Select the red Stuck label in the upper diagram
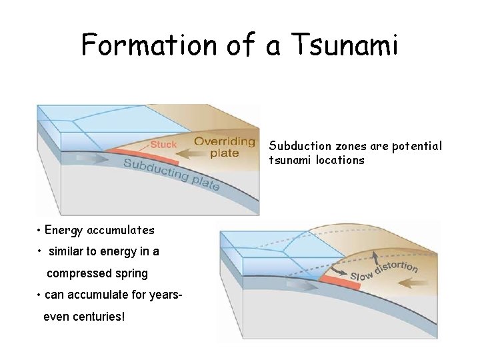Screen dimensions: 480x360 [x=163, y=145]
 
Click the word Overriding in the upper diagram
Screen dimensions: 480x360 [x=225, y=141]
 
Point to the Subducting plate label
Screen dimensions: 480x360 [x=171, y=175]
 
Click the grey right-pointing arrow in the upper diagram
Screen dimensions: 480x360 [x=89, y=159]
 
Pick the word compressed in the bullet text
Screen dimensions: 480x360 [x=78, y=273]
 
